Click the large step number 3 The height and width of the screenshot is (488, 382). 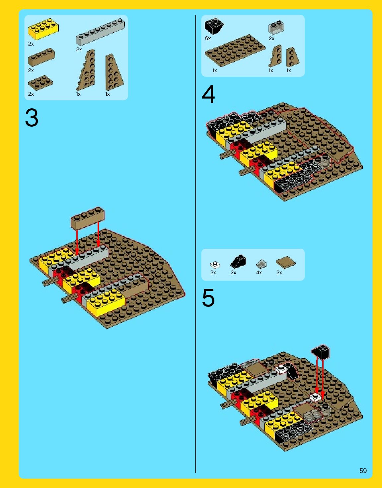pos(32,118)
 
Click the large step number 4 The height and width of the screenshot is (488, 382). pos(208,94)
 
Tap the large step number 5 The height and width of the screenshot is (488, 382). pos(208,298)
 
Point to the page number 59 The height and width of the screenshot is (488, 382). pos(363,470)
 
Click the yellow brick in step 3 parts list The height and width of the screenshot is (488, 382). pos(43,29)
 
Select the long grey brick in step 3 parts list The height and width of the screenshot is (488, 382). pos(100,32)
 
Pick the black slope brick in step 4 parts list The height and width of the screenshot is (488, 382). pos(214,27)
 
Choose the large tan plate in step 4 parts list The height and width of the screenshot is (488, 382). pos(235,51)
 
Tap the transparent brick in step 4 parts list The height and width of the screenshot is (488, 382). pos(276,27)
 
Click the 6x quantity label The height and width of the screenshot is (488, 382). pos(208,39)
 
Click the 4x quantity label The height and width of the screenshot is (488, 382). pos(259,272)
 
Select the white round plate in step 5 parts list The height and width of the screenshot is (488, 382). pos(215,265)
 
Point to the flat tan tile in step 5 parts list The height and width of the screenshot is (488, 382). pos(286,262)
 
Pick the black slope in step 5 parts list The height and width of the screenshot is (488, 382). pos(238,262)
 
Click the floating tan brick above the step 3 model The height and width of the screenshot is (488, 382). pos(88,218)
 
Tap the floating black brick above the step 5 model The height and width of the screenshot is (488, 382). pos(321,352)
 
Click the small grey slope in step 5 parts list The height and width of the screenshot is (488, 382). pos(261,264)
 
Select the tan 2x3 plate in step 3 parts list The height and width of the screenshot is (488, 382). pos(40,83)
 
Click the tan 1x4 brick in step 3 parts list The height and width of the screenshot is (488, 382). pos(41,57)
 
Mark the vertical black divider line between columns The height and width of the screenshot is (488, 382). pos(196,244)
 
